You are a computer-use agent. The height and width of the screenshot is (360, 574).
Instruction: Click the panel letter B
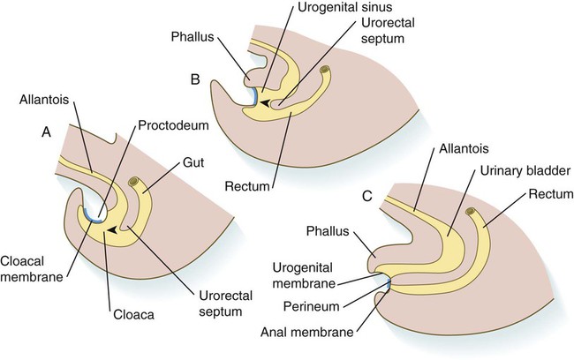196,79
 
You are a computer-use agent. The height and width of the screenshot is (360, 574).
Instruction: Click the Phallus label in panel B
207,39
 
